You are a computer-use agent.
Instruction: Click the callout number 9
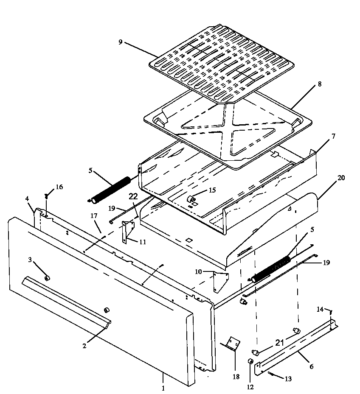121,42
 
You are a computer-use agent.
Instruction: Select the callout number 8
319,84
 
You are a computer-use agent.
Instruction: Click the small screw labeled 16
46,196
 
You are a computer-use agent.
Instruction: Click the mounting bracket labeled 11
127,232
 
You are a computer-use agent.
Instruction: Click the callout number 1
163,388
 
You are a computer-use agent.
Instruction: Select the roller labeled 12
250,362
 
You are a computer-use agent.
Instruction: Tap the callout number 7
333,136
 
